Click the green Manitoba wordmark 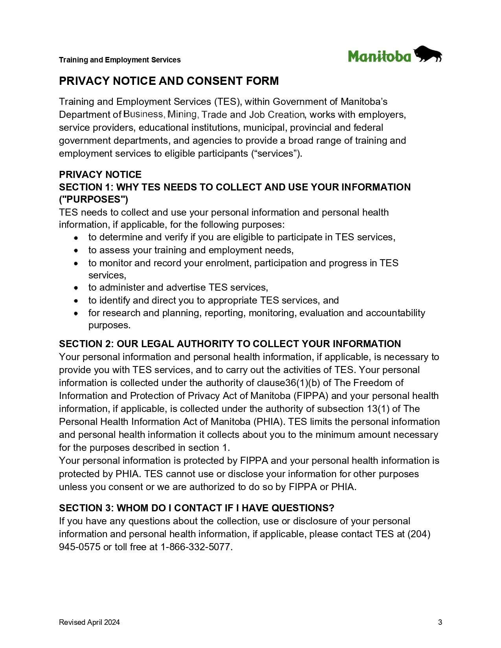pos(379,57)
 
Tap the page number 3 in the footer pos(440,622)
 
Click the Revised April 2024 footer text pos(89,622)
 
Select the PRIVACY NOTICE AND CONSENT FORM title pos(169,81)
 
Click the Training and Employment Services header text pos(119,60)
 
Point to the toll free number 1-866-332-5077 pos(196,547)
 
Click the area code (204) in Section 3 pos(419,534)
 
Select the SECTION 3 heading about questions pos(196,508)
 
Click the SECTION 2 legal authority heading pos(230,344)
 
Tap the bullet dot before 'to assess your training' pos(76,251)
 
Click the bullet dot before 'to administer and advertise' pos(76,288)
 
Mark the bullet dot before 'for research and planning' pos(76,313)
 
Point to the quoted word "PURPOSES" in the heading pos(94,200)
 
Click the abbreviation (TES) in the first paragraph pos(228,102)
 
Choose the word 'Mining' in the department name pos(182,114)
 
